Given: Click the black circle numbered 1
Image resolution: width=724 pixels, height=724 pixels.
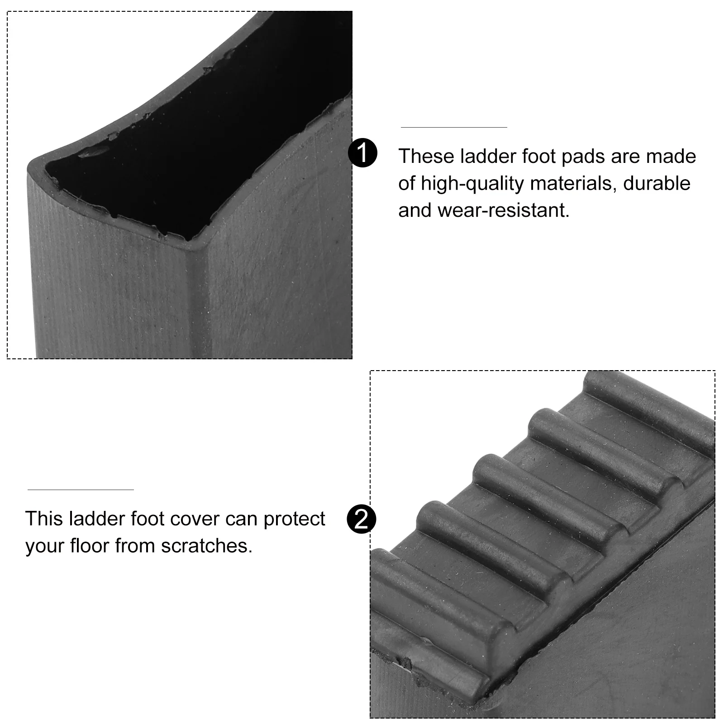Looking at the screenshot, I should pos(362,153).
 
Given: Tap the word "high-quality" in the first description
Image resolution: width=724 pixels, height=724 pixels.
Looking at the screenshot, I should pos(472,184).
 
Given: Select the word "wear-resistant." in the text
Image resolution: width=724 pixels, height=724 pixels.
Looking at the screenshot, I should pos(503,210).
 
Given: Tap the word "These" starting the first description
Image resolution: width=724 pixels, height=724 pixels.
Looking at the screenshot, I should pos(426,156).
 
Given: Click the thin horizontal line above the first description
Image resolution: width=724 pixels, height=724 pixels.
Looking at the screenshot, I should pos(453,127).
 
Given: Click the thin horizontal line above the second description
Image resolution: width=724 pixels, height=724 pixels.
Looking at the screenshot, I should pos(81,490).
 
